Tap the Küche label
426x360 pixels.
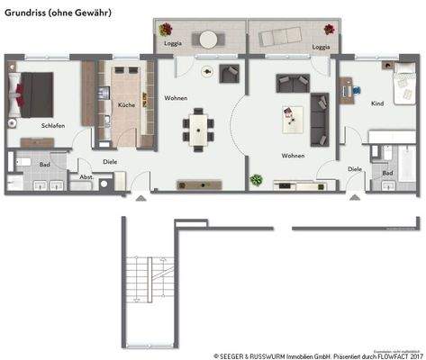click(x=127, y=105)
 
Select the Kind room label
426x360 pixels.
click(x=377, y=103)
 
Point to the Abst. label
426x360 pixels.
click(x=86, y=177)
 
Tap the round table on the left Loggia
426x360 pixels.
click(x=210, y=39)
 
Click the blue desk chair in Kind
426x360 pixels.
click(x=352, y=90)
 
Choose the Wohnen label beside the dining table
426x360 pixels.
click(x=175, y=97)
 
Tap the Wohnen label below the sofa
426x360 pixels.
click(x=293, y=156)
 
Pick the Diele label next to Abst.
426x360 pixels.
click(x=110, y=162)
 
